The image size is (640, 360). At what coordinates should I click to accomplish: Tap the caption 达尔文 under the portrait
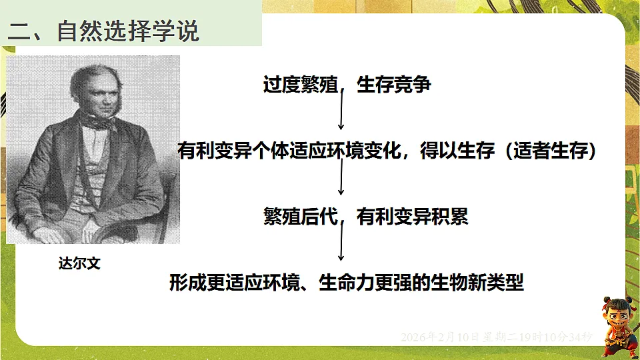pos(79,263)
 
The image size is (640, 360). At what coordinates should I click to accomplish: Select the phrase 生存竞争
pos(394,85)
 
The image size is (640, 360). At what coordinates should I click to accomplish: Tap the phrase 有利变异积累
pos(413,217)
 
